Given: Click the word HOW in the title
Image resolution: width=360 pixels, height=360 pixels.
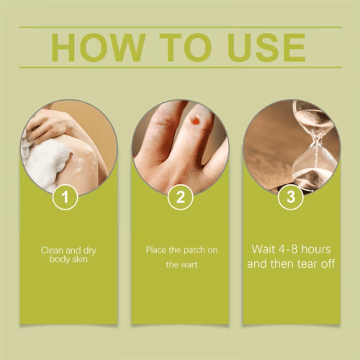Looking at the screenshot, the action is tap(99, 48).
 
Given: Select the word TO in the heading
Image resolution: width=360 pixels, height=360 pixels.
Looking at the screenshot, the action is tap(186, 48).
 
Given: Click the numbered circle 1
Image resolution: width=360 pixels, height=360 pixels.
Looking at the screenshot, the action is tap(65, 197).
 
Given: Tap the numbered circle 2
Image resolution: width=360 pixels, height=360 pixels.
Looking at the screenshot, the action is tap(180, 197).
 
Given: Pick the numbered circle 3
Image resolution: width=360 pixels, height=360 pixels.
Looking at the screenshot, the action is tap(291, 197).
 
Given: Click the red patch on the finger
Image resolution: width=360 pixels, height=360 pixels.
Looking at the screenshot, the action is tap(196, 122).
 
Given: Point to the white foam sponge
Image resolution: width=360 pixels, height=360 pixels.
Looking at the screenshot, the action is tap(45, 164).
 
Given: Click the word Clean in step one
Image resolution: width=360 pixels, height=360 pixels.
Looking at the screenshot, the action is tap(52, 251).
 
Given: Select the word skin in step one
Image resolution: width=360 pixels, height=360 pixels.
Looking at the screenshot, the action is tap(79, 259).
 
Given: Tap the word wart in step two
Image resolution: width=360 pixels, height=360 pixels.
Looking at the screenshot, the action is tap(188, 265).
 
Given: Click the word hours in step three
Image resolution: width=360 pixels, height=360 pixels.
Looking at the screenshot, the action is tap(316, 249).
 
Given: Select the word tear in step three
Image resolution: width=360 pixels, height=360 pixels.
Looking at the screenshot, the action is tap(307, 264).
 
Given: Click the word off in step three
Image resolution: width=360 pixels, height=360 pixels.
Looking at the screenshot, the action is tap(328, 264).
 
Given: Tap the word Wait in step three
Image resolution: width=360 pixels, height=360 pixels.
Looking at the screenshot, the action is tap(264, 249).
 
